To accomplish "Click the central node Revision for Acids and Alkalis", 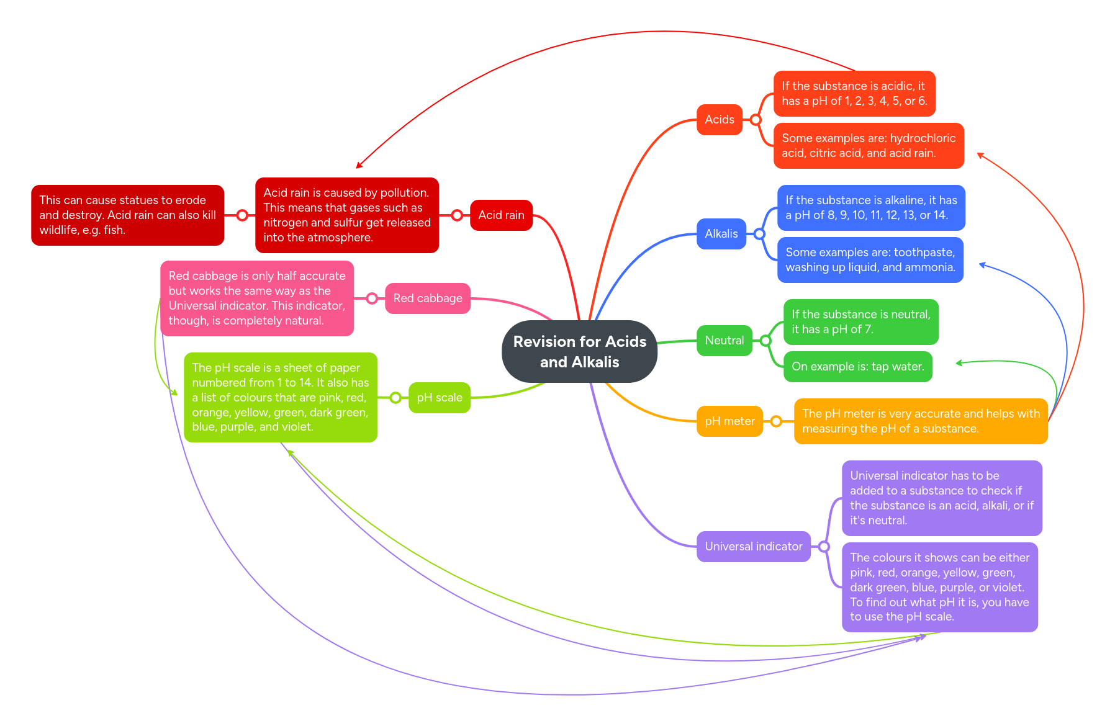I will (579, 351).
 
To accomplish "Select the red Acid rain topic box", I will (501, 215).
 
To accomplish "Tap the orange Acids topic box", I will (719, 120).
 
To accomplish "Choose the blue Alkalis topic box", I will (721, 234).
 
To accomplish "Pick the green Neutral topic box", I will (724, 341).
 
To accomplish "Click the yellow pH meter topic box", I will (729, 421).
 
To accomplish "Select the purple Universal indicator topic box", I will (753, 547).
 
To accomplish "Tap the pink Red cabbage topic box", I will (427, 298).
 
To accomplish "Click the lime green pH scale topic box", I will (439, 398).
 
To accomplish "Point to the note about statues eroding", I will (127, 215).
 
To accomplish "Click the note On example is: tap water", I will (857, 367).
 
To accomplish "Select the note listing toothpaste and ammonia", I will (870, 260).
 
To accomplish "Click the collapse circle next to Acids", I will (756, 120).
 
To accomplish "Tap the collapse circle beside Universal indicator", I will (824, 547).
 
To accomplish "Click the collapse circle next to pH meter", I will (776, 421).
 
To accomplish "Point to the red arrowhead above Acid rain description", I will (359, 166).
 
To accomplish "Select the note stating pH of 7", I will (860, 322).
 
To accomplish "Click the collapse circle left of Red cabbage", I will (372, 298).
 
